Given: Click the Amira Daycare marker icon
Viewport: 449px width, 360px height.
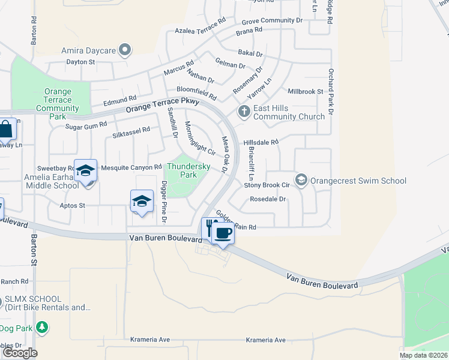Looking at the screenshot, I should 125,50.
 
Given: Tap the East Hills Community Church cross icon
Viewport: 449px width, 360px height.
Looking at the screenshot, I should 244,112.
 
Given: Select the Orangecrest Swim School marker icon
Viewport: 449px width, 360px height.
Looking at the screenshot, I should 301,180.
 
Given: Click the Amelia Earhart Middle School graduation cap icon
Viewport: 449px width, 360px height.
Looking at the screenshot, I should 85,171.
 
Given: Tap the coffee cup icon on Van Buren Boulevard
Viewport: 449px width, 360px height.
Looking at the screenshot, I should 223,232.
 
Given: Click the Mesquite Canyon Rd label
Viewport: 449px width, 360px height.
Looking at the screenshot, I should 131,167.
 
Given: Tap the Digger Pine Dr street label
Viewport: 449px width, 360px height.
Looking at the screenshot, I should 164,196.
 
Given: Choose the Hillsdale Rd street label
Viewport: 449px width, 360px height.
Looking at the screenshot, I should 261,142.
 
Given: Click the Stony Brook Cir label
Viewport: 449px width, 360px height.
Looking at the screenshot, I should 267,185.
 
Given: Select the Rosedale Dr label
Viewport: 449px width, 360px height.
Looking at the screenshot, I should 268,199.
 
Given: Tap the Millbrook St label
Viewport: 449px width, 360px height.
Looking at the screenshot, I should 306,92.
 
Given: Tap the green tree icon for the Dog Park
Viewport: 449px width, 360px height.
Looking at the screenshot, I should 41,328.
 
